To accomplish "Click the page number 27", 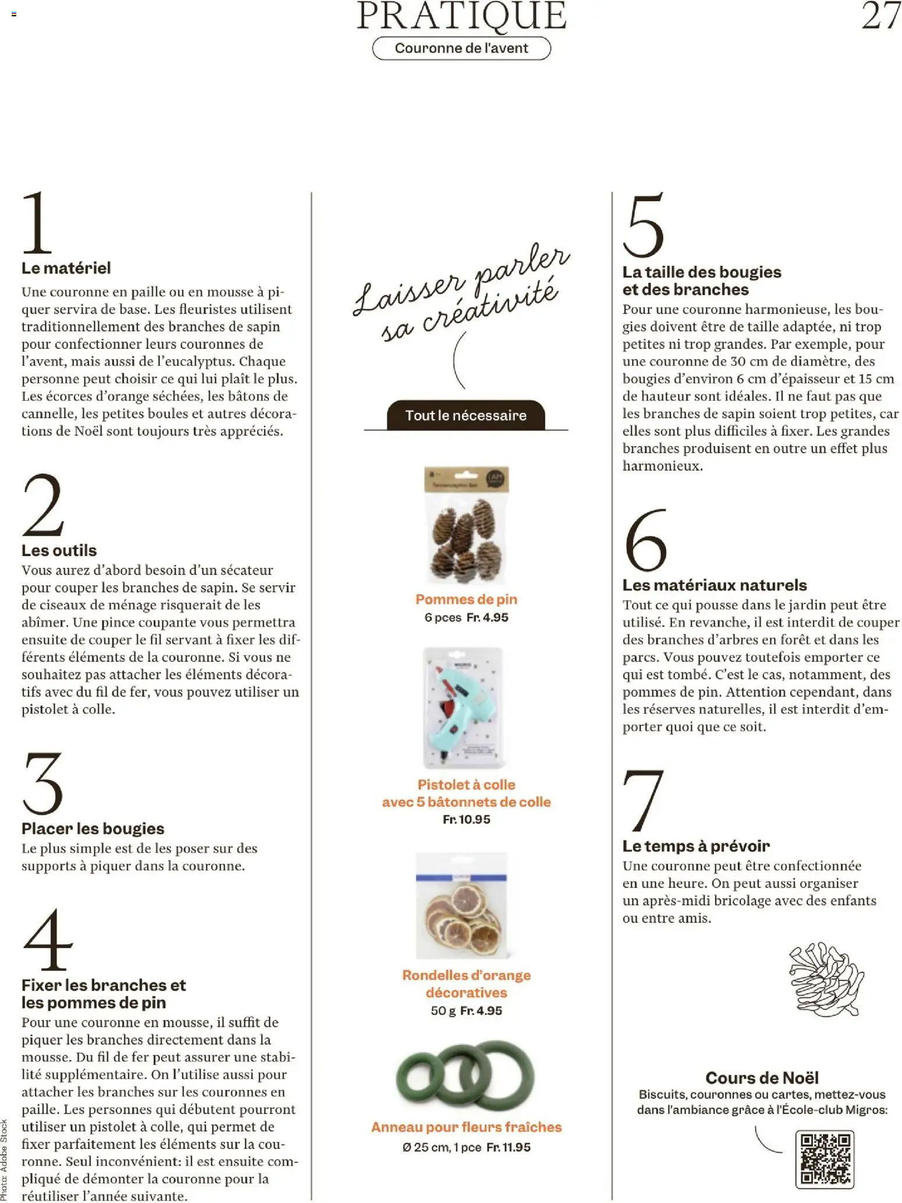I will tap(880, 16).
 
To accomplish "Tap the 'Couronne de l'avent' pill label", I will tap(461, 48).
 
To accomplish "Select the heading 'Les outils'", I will tap(59, 550).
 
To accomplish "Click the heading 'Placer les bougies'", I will tap(93, 828).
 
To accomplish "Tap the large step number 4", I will tap(48, 939).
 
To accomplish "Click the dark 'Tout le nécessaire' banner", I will tap(466, 415).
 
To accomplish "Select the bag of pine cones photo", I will tap(466, 525).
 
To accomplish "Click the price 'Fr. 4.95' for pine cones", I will tap(487, 617).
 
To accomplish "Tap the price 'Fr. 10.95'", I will tap(466, 819).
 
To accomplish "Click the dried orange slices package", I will tap(462, 905).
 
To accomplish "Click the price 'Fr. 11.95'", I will tap(508, 1147).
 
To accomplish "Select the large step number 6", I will tap(645, 540).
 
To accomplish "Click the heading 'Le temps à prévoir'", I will tap(696, 846).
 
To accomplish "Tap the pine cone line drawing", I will tap(826, 978).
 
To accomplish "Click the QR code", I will tap(825, 1159).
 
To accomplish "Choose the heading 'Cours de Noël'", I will tap(762, 1078).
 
